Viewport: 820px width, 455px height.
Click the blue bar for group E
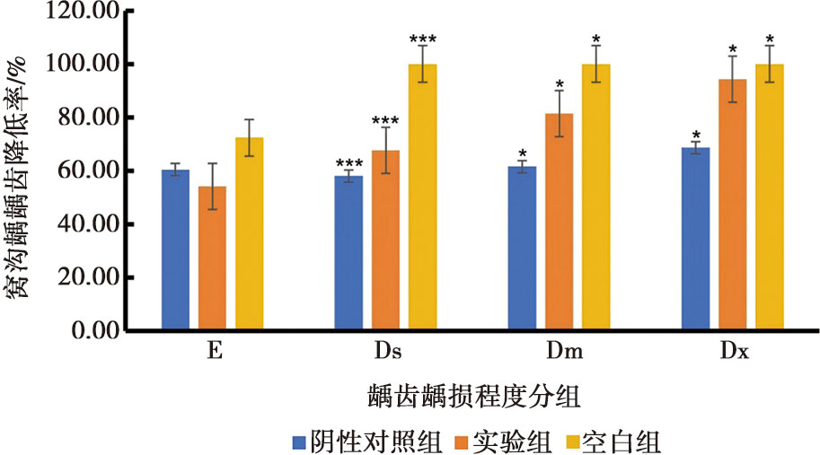click(175, 250)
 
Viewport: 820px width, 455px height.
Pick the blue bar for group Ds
click(348, 253)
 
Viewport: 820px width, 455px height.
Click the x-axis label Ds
click(386, 354)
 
